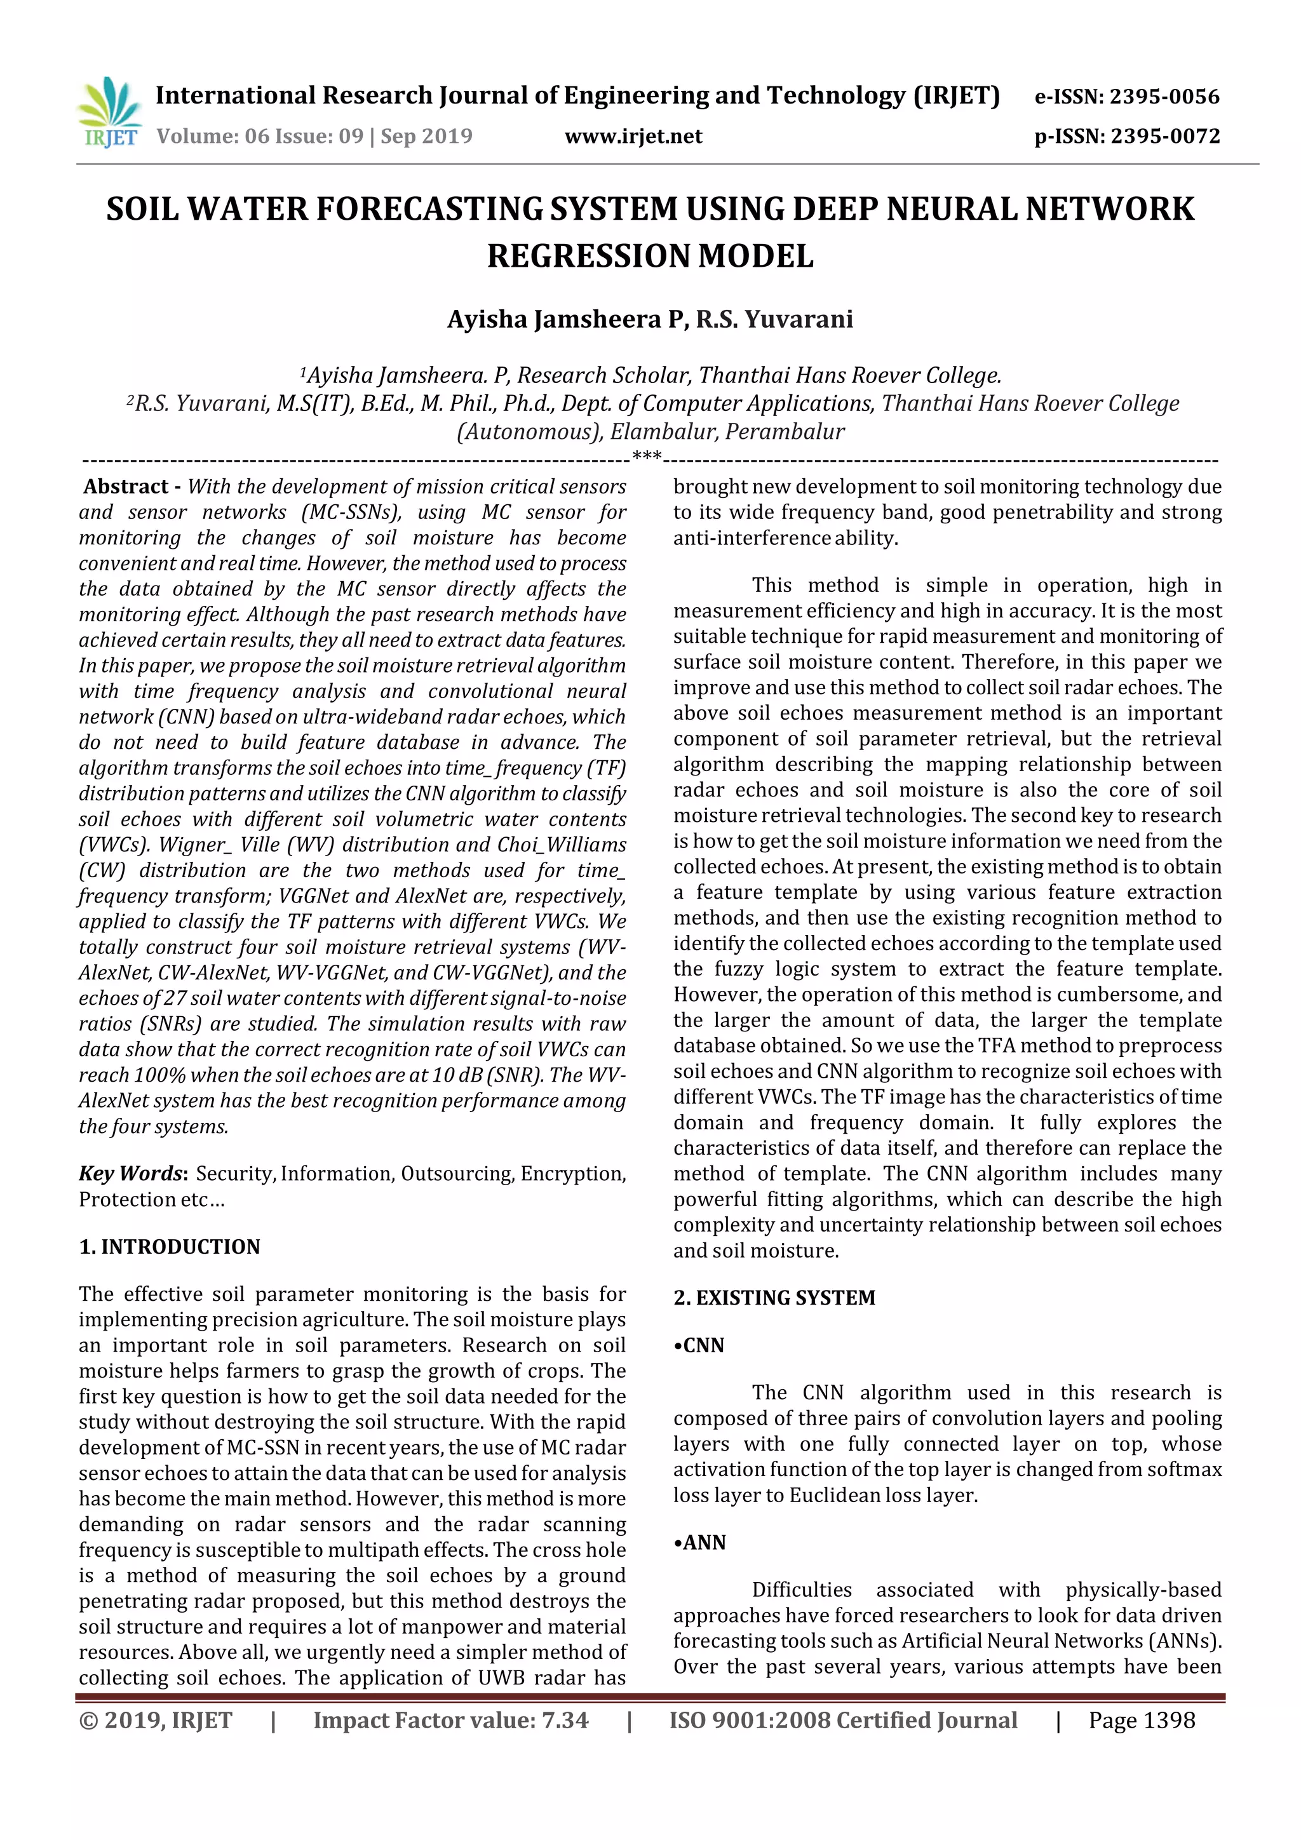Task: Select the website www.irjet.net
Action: coord(633,136)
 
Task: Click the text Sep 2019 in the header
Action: coord(426,136)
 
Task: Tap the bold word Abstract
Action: coord(126,487)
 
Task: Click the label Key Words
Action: coord(131,1173)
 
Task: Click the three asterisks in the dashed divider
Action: coord(646,457)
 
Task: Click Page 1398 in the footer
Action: coord(1141,1720)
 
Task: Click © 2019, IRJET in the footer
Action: coord(156,1720)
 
